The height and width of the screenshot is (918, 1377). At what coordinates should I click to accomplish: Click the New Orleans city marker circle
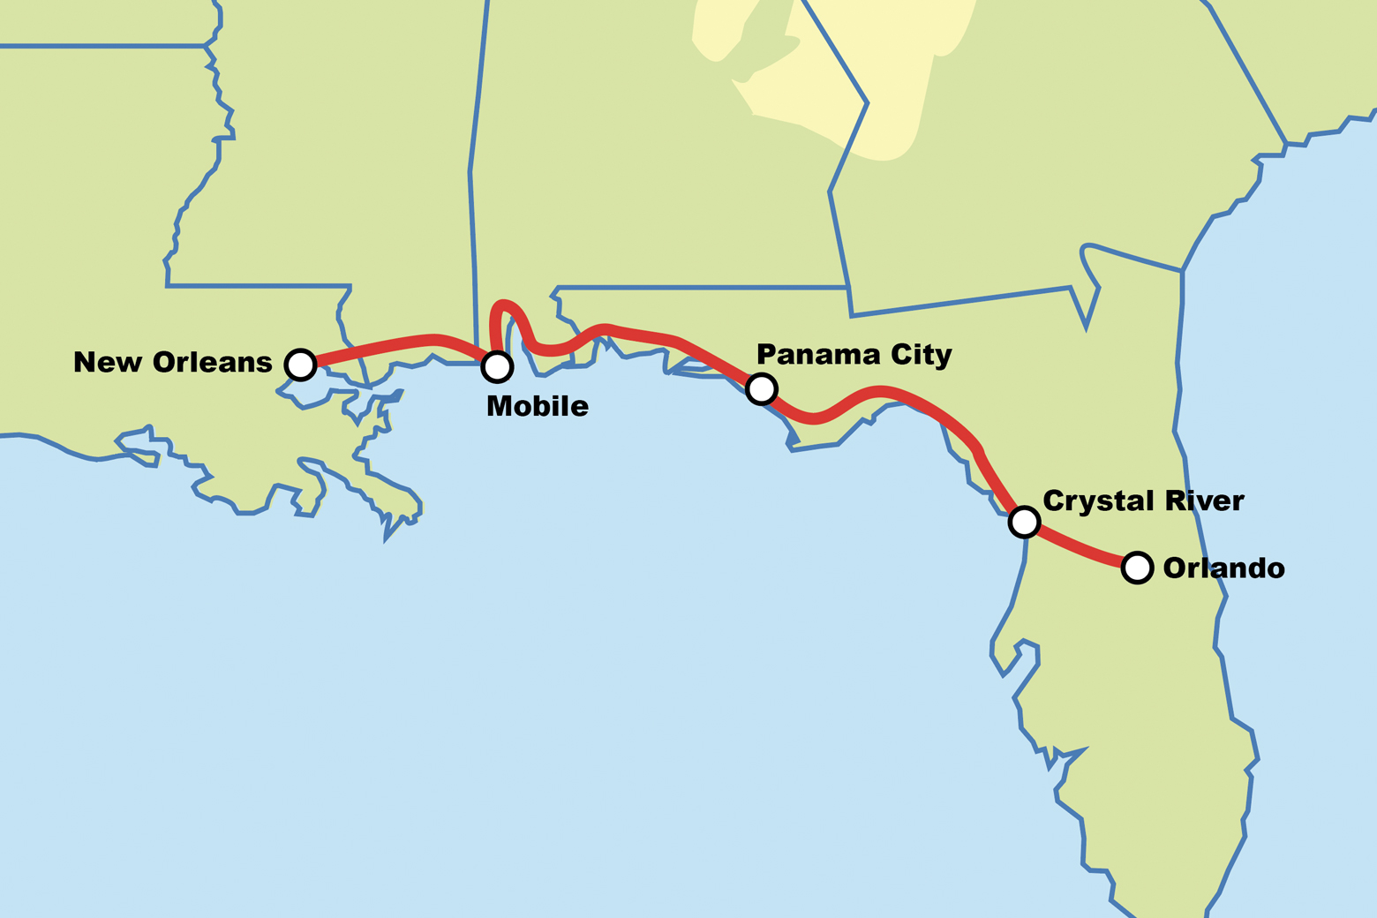click(x=300, y=364)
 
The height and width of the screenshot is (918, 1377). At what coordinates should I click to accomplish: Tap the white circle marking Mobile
click(x=497, y=366)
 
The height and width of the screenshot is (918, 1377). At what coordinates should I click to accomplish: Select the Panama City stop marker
click(x=761, y=388)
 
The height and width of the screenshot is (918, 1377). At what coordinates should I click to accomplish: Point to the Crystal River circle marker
click(x=1024, y=522)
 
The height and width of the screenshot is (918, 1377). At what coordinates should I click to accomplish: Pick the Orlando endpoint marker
click(x=1137, y=567)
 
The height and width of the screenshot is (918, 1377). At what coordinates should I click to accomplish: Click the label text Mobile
click(x=537, y=406)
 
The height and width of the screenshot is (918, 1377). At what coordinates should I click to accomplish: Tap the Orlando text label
click(x=1223, y=568)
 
